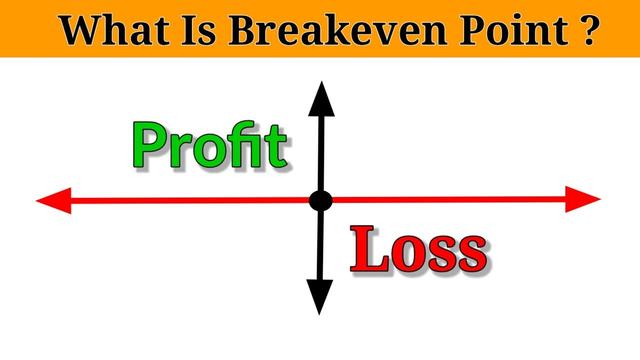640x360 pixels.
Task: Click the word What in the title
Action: click(112, 30)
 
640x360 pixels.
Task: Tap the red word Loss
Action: click(419, 251)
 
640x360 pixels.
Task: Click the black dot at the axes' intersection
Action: click(320, 201)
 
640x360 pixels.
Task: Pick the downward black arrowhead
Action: click(320, 296)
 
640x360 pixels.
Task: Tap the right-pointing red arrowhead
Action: click(584, 199)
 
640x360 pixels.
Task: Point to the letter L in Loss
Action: click(368, 251)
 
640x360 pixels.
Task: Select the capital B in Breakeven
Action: click(246, 30)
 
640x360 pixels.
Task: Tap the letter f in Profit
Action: click(245, 145)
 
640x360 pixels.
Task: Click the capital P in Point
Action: click(467, 30)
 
